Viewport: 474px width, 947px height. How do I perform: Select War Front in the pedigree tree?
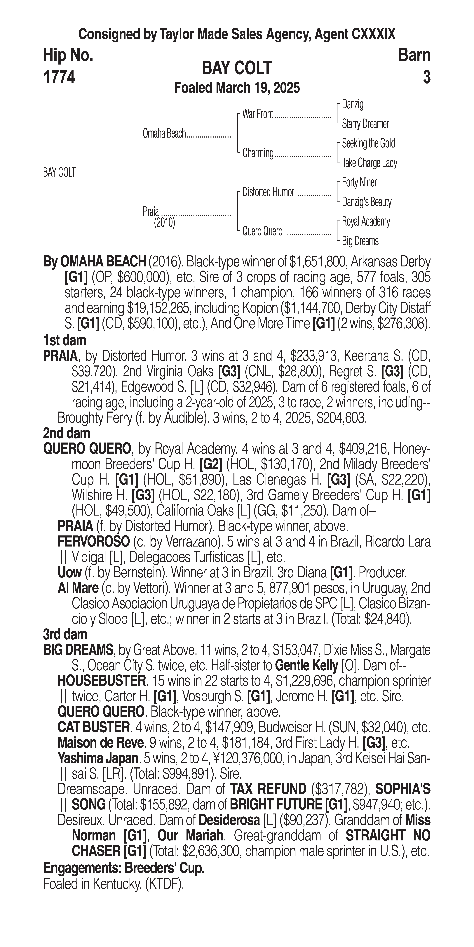[x=258, y=114]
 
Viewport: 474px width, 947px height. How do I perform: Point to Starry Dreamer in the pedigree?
[x=365, y=124]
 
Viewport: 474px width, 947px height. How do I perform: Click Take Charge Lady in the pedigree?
[x=369, y=163]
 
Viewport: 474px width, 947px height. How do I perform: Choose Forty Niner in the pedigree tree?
[x=359, y=182]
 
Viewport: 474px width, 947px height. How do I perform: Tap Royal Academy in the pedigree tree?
[x=366, y=222]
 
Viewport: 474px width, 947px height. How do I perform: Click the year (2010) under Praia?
[x=164, y=223]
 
